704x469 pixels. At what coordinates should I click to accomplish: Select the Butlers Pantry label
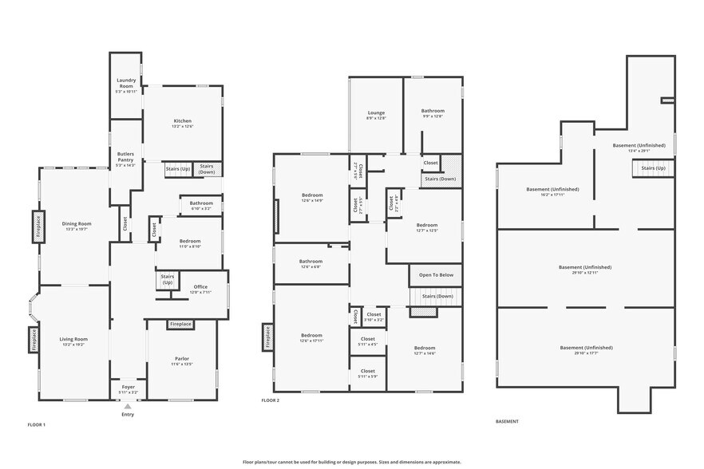click(125, 157)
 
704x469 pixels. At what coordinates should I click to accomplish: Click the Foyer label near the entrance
click(128, 389)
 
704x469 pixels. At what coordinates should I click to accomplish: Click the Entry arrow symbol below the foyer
click(128, 406)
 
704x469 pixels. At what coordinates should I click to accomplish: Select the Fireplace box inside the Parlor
click(180, 324)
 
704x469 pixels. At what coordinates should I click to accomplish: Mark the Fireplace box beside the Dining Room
click(38, 226)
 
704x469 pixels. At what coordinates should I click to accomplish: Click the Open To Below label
click(436, 275)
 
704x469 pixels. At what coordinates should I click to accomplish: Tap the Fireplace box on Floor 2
click(267, 337)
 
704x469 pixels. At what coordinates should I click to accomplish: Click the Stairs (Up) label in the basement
click(654, 168)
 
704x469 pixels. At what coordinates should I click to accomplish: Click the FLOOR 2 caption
click(271, 400)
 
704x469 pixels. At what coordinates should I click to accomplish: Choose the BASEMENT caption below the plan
click(507, 421)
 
